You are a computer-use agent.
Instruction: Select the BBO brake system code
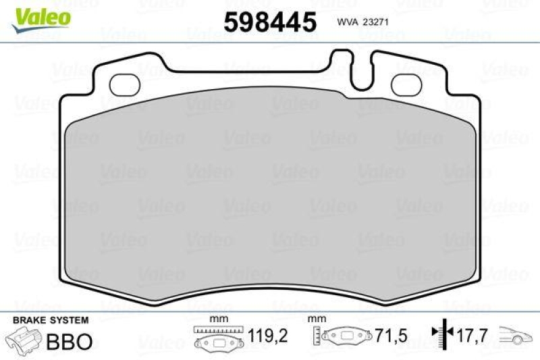(69, 341)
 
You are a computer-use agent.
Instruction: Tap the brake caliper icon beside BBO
(24, 340)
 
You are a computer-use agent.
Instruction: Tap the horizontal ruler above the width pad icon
(217, 330)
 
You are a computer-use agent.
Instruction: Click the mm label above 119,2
(217, 318)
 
